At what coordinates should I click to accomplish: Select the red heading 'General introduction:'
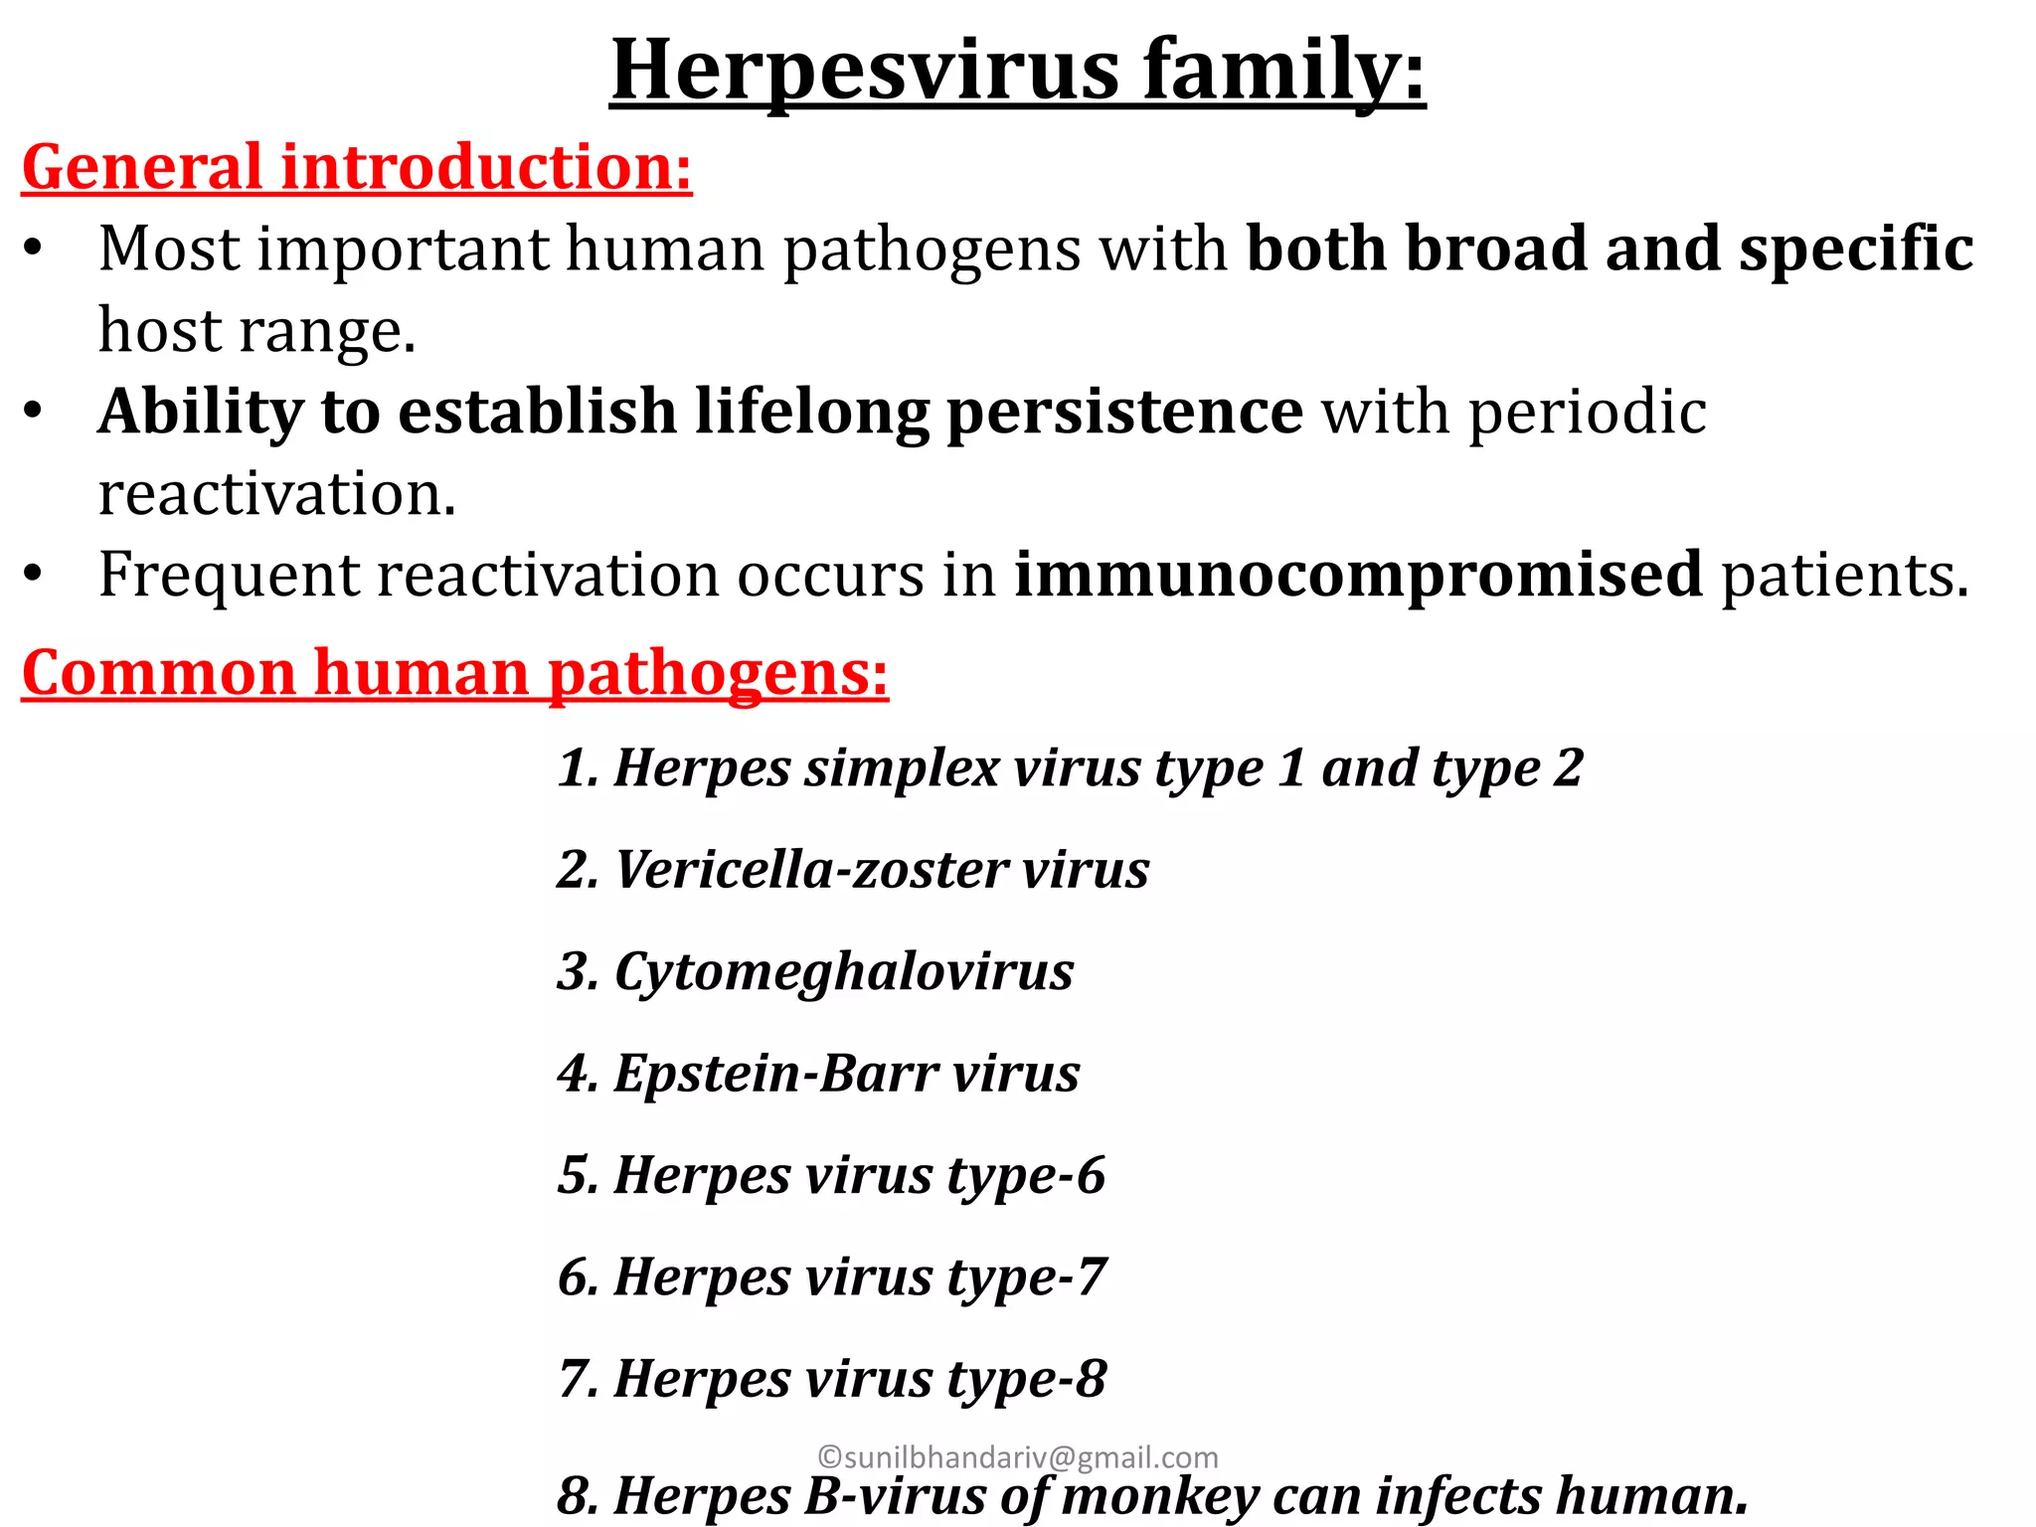pos(356,166)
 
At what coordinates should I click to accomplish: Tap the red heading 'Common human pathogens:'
pos(454,673)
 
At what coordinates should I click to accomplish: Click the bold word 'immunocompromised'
pos(1358,575)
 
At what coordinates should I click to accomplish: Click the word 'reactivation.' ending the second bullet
pos(276,493)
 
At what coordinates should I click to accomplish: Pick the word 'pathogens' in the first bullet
pos(932,249)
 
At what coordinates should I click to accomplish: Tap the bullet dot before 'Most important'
pos(34,249)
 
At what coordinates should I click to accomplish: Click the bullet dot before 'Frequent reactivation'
pos(34,575)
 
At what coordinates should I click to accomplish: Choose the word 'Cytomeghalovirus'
pos(844,971)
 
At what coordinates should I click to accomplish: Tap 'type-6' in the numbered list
pos(1026,1176)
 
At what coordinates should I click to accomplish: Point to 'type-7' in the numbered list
pos(1026,1277)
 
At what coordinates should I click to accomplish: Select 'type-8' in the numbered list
pos(1026,1380)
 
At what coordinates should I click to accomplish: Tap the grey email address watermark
pos(1018,1457)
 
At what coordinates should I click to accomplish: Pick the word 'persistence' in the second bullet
pos(1123,412)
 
